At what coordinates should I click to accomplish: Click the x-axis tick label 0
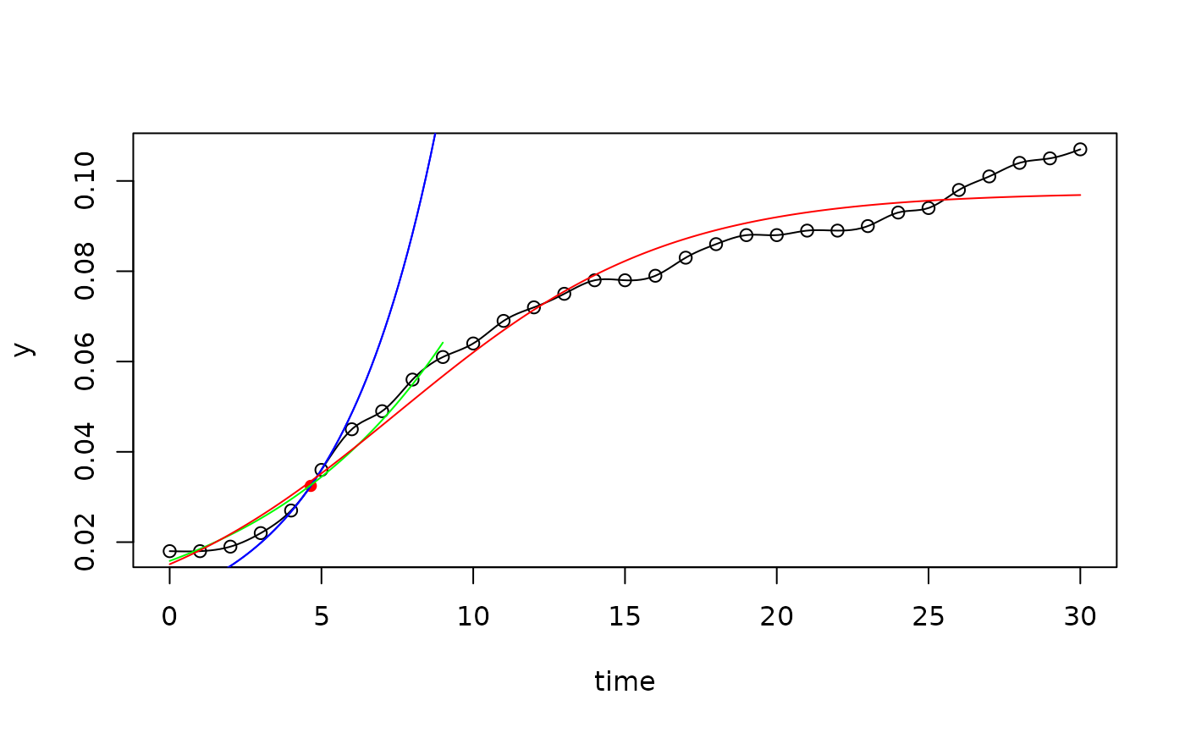[x=169, y=617]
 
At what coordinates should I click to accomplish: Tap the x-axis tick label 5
[x=321, y=617]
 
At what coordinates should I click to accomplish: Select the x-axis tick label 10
[x=473, y=617]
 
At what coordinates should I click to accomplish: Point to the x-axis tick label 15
[x=625, y=617]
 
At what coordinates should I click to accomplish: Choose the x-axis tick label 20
[x=776, y=617]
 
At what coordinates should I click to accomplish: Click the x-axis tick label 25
[x=929, y=617]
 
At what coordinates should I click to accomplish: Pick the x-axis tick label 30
[x=1080, y=617]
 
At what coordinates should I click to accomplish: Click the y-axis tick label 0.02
[x=85, y=542]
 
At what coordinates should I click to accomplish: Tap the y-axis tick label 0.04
[x=85, y=452]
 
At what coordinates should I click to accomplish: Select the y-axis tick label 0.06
[x=85, y=361]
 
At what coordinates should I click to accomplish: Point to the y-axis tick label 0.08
[x=85, y=272]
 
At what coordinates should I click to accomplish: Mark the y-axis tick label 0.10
[x=85, y=181]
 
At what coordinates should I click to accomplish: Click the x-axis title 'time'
[x=625, y=681]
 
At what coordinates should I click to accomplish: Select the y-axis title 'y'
[x=25, y=350]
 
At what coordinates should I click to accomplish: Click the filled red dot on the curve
[x=311, y=486]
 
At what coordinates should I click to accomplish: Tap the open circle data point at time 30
[x=1080, y=150]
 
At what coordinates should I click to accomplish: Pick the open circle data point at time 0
[x=169, y=551]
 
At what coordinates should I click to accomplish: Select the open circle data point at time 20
[x=776, y=235]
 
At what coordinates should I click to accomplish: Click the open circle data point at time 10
[x=473, y=344]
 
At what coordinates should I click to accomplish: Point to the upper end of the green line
[x=443, y=343]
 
